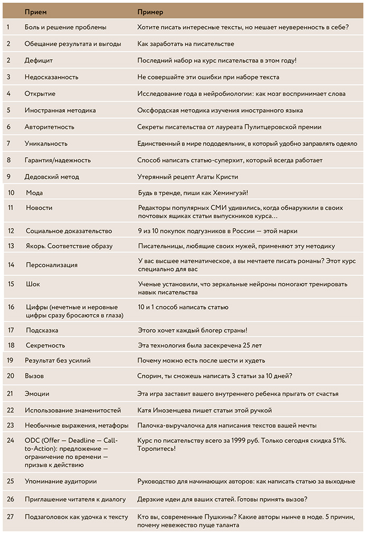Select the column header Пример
coord(150,12)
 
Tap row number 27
coord(11,517)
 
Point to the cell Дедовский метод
coord(51,177)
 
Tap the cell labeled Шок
coord(33,284)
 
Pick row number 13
coord(11,246)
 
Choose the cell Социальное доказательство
coord(69,231)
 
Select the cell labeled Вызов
coord(34,376)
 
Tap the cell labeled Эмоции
coord(37,393)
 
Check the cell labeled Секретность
coord(45,345)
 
